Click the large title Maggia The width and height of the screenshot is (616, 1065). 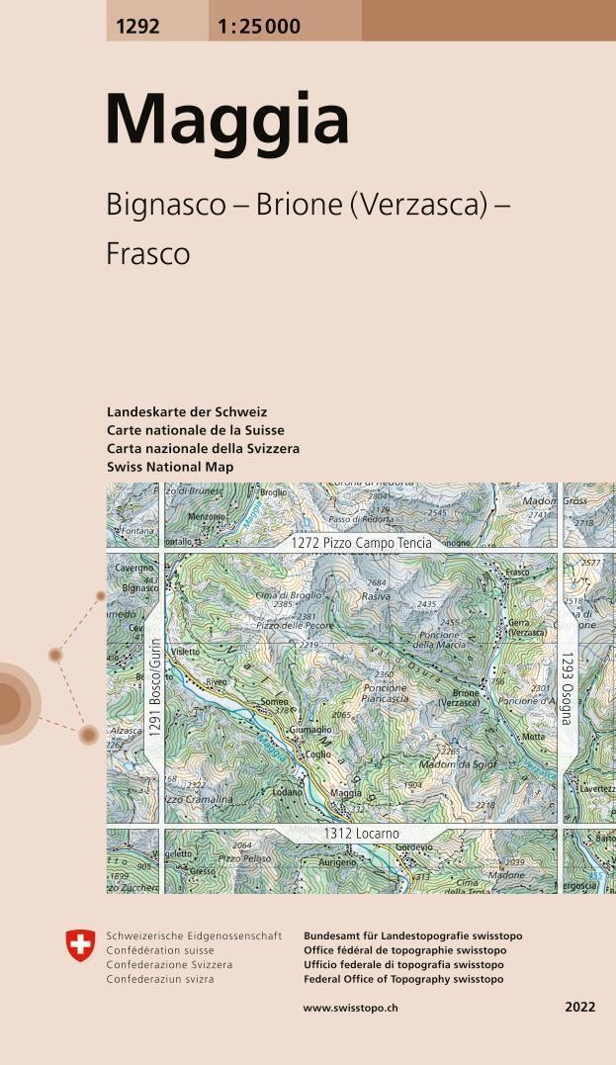pyautogui.click(x=227, y=121)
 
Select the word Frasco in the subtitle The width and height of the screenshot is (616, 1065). pyautogui.click(x=147, y=254)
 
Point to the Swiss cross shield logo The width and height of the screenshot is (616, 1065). pyautogui.click(x=80, y=944)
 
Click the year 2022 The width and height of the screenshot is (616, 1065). pyautogui.click(x=580, y=1008)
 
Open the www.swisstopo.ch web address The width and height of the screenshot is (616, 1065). pyautogui.click(x=350, y=1008)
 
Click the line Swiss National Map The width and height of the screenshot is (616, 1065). pyautogui.click(x=170, y=467)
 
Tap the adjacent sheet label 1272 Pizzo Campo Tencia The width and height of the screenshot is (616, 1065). pyautogui.click(x=361, y=543)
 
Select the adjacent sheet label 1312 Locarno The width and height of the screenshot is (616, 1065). pyautogui.click(x=361, y=835)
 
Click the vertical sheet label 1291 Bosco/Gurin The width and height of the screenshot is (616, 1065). pyautogui.click(x=154, y=688)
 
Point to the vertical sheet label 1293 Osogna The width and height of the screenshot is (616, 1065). pyautogui.click(x=567, y=688)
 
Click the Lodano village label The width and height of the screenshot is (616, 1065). pyautogui.click(x=288, y=792)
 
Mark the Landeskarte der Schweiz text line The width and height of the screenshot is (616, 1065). pyautogui.click(x=187, y=411)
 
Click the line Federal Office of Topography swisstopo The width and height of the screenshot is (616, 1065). pyautogui.click(x=403, y=979)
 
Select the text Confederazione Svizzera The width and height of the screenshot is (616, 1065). pyautogui.click(x=169, y=964)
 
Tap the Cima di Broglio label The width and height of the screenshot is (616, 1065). pyautogui.click(x=288, y=595)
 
